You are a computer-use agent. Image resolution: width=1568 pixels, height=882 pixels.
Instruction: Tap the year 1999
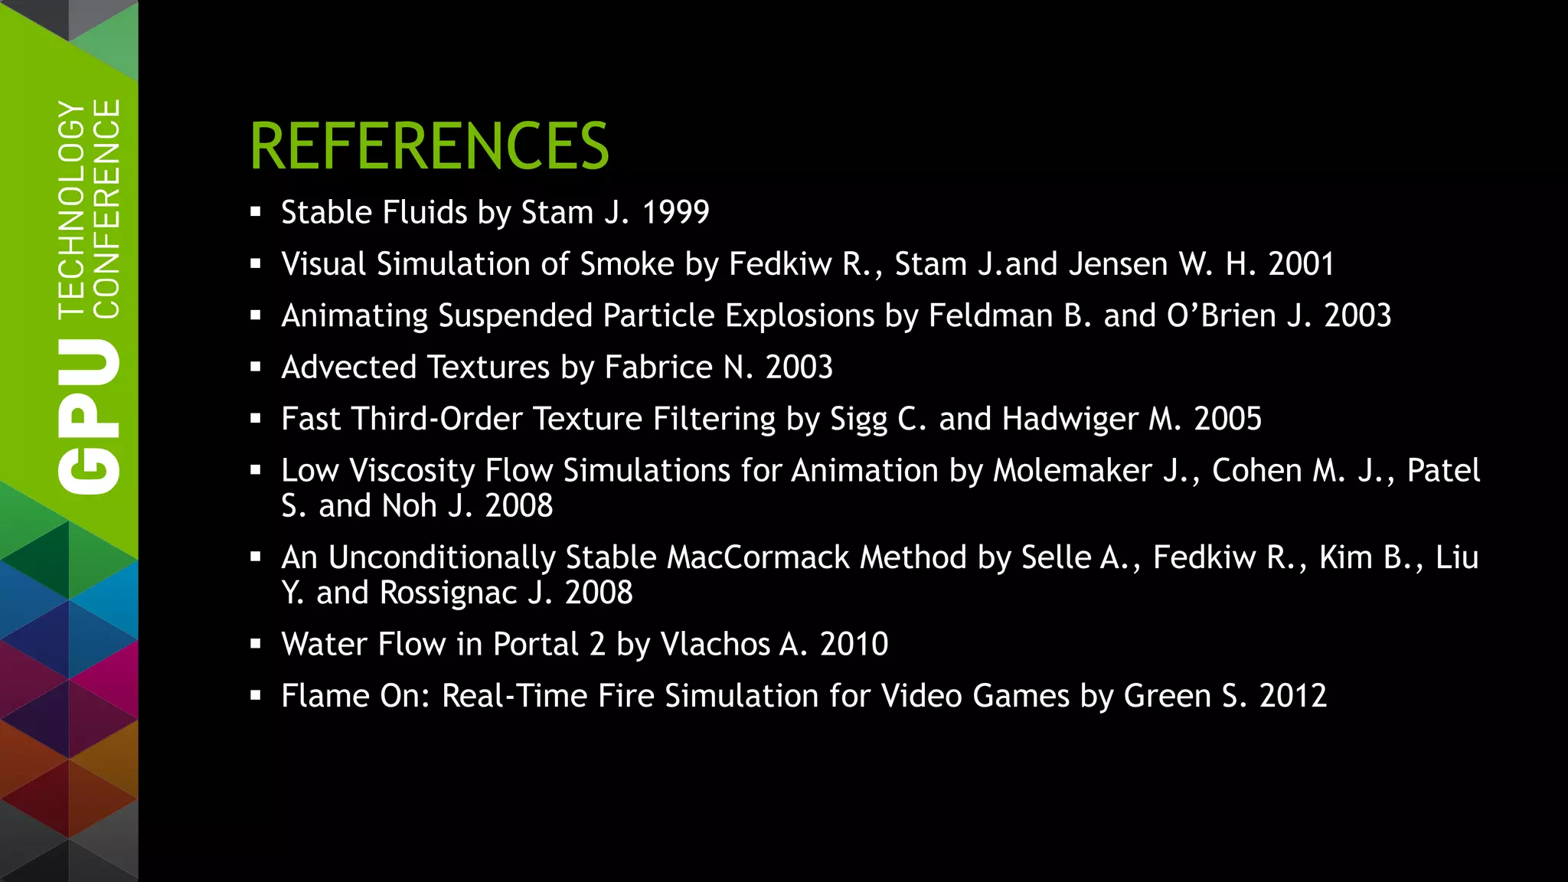[x=675, y=212]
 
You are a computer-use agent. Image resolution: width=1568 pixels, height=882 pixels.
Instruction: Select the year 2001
[x=1301, y=264]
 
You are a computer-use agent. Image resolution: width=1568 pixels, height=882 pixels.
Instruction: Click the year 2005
[x=1227, y=419]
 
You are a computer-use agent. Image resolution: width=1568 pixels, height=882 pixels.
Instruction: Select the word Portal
[x=535, y=644]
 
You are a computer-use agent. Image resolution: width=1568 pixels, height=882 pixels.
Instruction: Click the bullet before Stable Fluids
[x=256, y=212]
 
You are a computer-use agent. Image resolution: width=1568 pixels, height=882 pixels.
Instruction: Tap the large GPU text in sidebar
[x=89, y=417]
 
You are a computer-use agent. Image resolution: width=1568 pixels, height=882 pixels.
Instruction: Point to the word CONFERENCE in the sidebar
[x=106, y=208]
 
